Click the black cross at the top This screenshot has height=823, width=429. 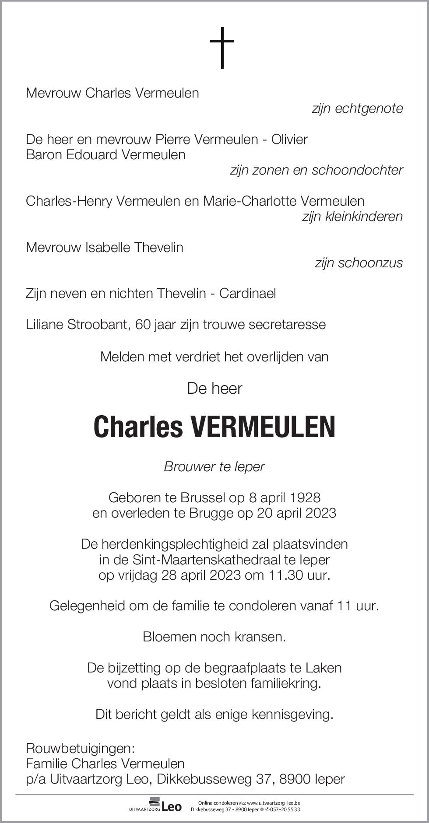click(x=222, y=48)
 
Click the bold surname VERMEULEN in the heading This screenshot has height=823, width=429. click(x=263, y=427)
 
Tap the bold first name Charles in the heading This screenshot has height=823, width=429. click(x=138, y=427)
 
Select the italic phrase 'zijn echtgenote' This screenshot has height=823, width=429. click(x=357, y=109)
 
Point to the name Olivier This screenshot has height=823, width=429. click(x=289, y=139)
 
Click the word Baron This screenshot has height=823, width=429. click(x=44, y=154)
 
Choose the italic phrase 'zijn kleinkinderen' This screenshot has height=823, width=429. click(x=352, y=216)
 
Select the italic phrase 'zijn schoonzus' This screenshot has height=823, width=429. click(x=359, y=263)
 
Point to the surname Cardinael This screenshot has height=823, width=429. click(x=247, y=293)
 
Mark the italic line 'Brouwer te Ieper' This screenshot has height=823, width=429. click(x=214, y=466)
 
